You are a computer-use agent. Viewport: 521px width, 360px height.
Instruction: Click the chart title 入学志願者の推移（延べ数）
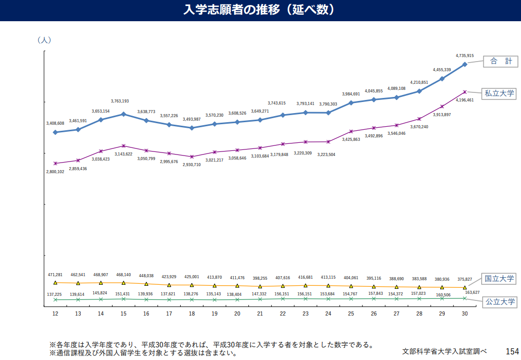(259, 10)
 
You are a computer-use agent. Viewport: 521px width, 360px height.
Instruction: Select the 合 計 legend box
(501, 61)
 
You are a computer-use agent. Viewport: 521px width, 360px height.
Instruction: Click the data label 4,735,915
(464, 56)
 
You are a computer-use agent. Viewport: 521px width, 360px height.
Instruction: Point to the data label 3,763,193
(123, 101)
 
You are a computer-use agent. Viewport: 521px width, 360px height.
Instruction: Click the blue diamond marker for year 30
(464, 64)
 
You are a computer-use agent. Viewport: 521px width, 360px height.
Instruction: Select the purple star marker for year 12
(55, 163)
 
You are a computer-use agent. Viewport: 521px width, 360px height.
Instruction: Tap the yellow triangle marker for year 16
(146, 284)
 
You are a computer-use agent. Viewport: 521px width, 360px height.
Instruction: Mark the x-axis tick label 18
(192, 314)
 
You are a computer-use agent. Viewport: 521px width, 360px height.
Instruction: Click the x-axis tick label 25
(351, 314)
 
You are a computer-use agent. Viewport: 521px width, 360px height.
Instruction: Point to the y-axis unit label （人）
(44, 40)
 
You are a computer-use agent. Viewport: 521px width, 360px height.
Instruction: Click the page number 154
(512, 351)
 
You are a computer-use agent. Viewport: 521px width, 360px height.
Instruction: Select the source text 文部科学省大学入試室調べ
(445, 351)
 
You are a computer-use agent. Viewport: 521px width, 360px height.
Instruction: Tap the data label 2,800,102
(55, 172)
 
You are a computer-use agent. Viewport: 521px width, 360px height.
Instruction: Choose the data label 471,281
(55, 275)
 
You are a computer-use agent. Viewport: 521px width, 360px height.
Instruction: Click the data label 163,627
(472, 292)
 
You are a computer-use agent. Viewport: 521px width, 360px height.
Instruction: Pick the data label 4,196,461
(464, 100)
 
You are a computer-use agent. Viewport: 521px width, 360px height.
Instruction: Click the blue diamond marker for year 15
(123, 114)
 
